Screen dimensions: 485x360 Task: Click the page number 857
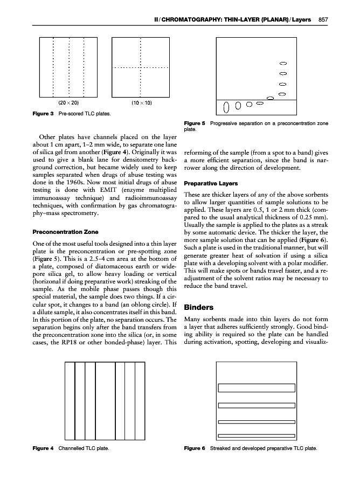point(323,20)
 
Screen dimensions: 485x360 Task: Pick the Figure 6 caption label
point(195,448)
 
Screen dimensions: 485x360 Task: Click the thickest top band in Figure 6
point(257,387)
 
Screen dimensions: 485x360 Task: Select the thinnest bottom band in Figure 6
point(257,435)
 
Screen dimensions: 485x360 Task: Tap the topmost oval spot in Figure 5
point(283,63)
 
